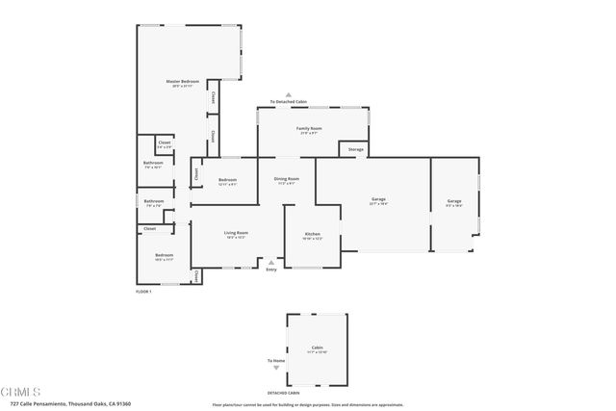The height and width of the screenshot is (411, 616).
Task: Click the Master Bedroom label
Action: click(183, 82)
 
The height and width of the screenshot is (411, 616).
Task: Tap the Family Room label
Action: click(309, 128)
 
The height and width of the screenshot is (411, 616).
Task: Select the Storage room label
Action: click(355, 149)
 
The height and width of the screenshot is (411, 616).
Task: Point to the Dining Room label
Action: click(287, 178)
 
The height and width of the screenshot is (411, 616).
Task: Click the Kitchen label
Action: click(313, 234)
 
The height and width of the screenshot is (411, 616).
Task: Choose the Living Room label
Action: click(237, 232)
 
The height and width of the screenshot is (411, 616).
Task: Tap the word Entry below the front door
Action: click(271, 270)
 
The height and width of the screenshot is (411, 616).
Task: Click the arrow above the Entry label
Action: click(271, 262)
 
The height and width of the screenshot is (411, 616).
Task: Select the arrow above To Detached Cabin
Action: click(288, 94)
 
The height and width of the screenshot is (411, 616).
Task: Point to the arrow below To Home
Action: click(275, 368)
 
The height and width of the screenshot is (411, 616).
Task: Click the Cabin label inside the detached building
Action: click(317, 347)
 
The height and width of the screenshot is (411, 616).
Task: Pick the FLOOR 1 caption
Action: click(143, 291)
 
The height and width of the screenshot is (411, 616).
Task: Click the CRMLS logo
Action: click(21, 393)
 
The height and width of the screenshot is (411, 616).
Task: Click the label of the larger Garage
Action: click(378, 199)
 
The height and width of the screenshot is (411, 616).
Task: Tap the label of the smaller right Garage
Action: click(453, 201)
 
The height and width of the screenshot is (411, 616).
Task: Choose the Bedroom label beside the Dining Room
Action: click(227, 180)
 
